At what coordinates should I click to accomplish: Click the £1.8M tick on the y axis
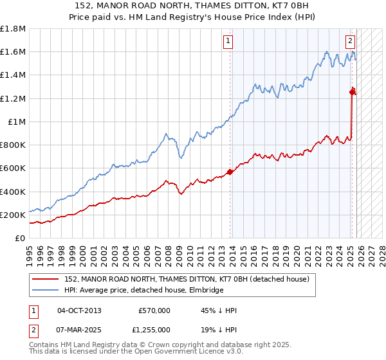[13, 29]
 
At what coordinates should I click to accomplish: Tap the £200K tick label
[13, 215]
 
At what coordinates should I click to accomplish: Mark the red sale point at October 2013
[230, 172]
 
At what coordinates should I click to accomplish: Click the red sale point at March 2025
[352, 92]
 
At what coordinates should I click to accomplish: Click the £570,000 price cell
[154, 310]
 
